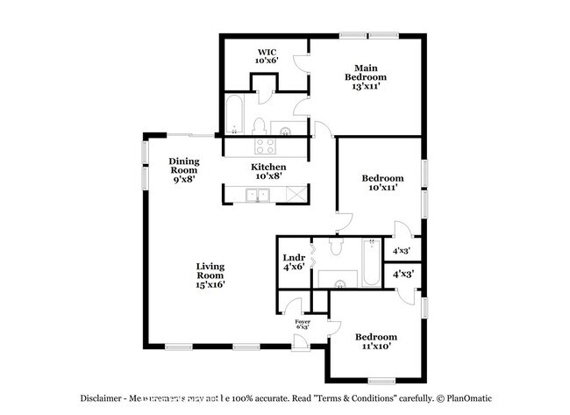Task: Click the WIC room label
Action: pyautogui.click(x=266, y=52)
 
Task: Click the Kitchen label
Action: pyautogui.click(x=268, y=167)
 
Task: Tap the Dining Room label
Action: pyautogui.click(x=184, y=166)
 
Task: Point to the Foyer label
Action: pyautogui.click(x=303, y=322)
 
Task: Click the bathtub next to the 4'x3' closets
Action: pyautogui.click(x=371, y=262)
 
